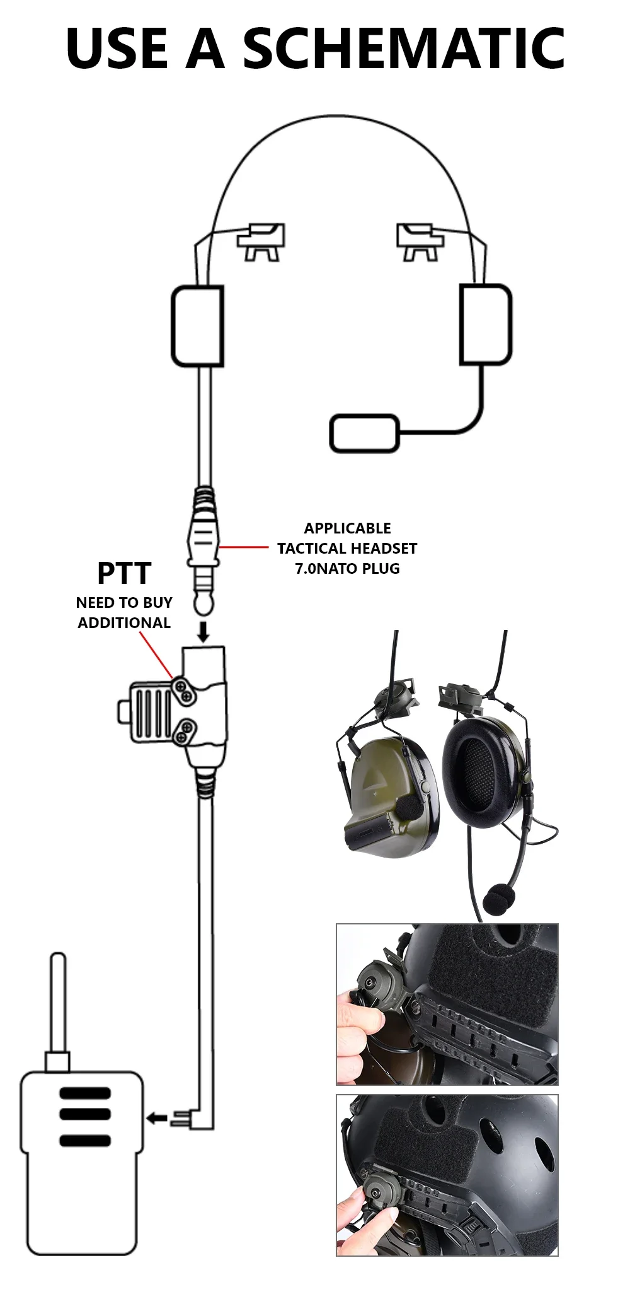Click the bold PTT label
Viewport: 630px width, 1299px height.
[124, 573]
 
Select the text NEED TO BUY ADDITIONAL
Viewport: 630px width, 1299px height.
[124, 612]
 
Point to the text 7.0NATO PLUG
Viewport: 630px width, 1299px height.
[347, 569]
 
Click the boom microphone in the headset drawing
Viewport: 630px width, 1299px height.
[364, 433]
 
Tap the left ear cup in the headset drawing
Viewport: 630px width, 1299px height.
[198, 325]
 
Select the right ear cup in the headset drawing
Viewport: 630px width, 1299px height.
[485, 324]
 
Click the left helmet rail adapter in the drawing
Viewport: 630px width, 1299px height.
[261, 241]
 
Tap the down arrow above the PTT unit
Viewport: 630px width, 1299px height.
[203, 631]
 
